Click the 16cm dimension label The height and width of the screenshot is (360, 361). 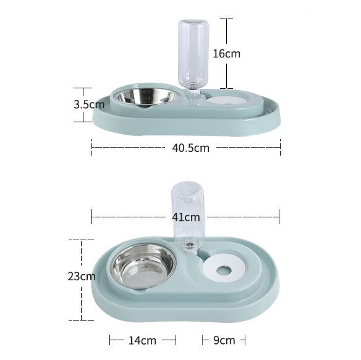(x=226, y=54)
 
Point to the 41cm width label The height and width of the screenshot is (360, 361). (x=185, y=217)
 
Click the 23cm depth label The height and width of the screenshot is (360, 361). (x=81, y=277)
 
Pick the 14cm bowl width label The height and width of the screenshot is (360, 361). (x=143, y=340)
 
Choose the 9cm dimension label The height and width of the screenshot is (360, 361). (x=223, y=340)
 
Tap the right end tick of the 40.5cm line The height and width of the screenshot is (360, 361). (x=280, y=147)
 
